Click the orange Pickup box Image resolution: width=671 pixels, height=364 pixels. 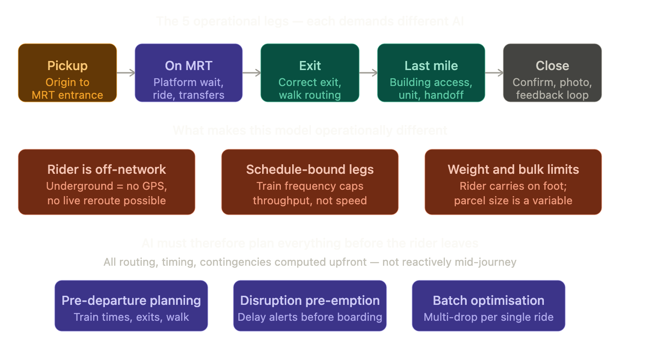click(x=67, y=73)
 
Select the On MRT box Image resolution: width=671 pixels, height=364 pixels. click(x=189, y=73)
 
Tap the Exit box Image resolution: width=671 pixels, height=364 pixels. click(x=310, y=73)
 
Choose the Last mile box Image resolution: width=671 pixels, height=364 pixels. click(x=431, y=73)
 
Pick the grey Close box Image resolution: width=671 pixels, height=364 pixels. click(x=552, y=73)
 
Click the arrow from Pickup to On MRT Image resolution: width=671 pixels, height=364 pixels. click(x=126, y=73)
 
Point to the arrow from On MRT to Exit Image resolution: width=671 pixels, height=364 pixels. click(x=252, y=73)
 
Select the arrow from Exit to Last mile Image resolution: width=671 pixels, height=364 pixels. click(x=368, y=73)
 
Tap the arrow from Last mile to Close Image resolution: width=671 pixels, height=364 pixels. click(x=494, y=73)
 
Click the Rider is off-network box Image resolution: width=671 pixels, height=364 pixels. click(x=107, y=182)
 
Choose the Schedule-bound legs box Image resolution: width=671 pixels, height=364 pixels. click(x=310, y=182)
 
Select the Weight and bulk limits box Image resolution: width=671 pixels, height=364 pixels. click(x=513, y=182)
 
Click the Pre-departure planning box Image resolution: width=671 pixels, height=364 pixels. click(x=131, y=306)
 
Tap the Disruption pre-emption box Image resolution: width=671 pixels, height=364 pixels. click(x=310, y=306)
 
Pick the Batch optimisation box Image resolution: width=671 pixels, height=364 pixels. click(x=489, y=306)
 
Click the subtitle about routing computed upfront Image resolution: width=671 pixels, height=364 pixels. click(x=310, y=262)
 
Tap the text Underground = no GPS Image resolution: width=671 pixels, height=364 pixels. click(x=107, y=186)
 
